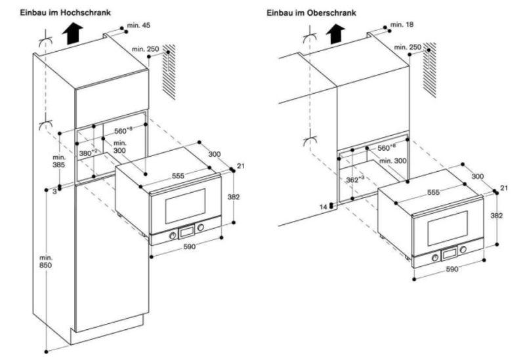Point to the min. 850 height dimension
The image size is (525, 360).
[x=45, y=262]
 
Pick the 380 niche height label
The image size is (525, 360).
[x=89, y=153]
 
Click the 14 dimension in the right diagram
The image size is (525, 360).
[x=324, y=207]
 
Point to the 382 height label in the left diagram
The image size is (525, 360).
[x=234, y=196]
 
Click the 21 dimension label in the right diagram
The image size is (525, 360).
[x=504, y=189]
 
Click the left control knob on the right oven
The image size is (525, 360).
[x=435, y=257]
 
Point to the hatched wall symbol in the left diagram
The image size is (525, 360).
[x=169, y=72]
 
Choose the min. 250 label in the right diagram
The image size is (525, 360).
[x=408, y=48]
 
